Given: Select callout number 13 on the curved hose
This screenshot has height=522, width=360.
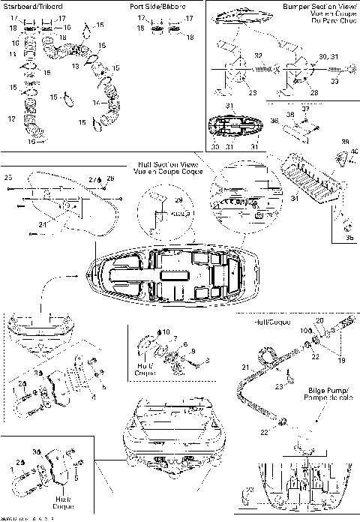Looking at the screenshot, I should click(x=74, y=67).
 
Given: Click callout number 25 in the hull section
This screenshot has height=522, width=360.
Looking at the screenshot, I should click(x=8, y=178).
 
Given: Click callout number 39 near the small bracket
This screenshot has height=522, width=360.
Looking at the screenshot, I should click(x=344, y=141).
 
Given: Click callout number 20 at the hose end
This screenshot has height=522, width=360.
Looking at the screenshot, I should click(x=319, y=321).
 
